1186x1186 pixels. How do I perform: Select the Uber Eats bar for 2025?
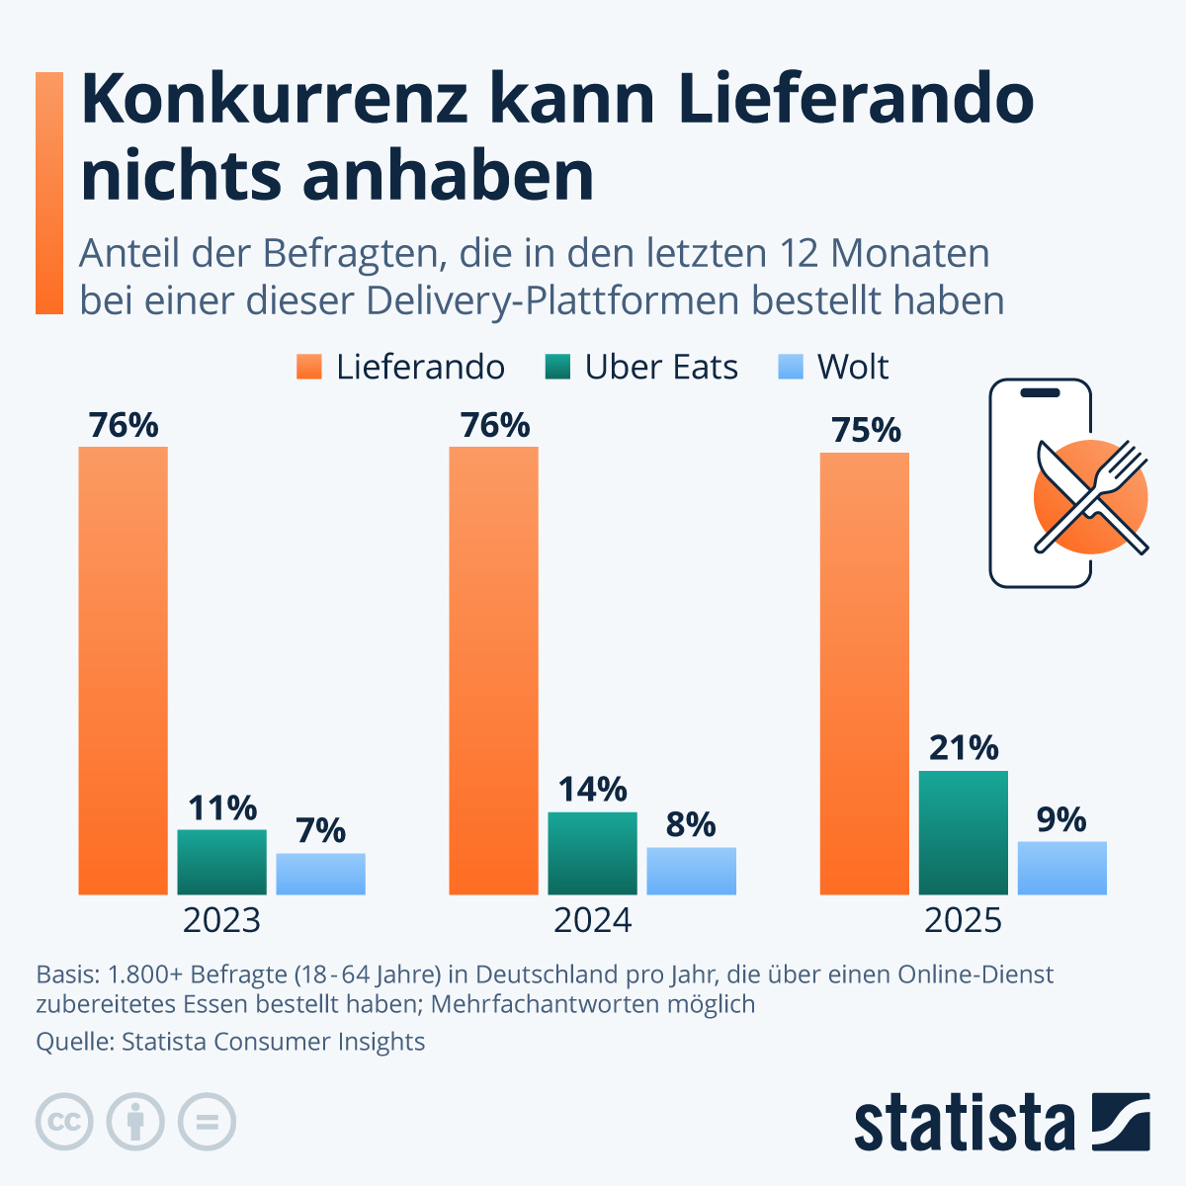pos(963,832)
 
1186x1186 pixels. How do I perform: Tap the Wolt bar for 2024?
pos(691,871)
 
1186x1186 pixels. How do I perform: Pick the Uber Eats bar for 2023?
pos(221,862)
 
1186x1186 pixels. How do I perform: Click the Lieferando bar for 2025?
pos(864,673)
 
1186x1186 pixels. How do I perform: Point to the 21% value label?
pos(963,748)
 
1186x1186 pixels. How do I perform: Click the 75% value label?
pos(866,430)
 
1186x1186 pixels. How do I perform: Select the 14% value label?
pos(592,790)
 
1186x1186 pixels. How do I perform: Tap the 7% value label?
pos(320,831)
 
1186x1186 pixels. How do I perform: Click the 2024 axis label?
pos(592,920)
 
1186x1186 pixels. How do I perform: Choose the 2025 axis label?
pos(963,920)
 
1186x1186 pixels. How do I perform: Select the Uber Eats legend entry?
pos(641,368)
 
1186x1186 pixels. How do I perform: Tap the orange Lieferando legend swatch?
pos(309,368)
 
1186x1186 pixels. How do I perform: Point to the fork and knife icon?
pos(1091,497)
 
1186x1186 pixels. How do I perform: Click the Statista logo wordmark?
pos(964,1123)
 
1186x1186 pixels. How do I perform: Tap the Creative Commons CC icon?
pos(64,1122)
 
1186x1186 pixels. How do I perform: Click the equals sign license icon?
pos(207,1122)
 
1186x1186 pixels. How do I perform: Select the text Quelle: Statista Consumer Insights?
pos(230,1042)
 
